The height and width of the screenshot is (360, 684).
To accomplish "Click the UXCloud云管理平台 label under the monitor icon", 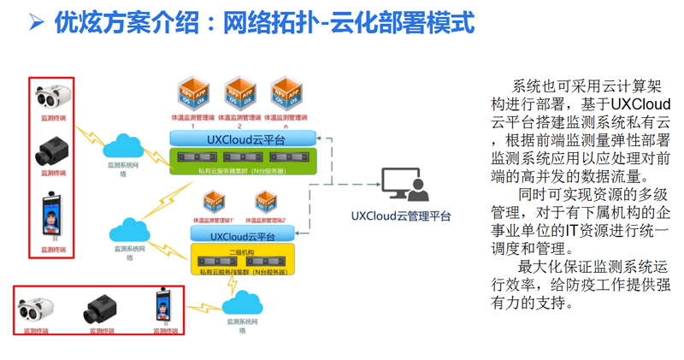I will (400, 216).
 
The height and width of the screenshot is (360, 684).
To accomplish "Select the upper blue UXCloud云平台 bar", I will (243, 139).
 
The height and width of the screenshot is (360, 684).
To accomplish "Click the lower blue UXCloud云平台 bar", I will (243, 235).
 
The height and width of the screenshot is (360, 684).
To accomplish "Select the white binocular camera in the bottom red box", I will (39, 307).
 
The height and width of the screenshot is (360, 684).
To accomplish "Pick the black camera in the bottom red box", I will (99, 307).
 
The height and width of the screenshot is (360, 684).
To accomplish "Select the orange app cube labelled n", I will (286, 93).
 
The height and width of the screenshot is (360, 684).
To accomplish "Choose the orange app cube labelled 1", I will (192, 93).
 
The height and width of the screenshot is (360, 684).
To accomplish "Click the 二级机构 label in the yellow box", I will (242, 251).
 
